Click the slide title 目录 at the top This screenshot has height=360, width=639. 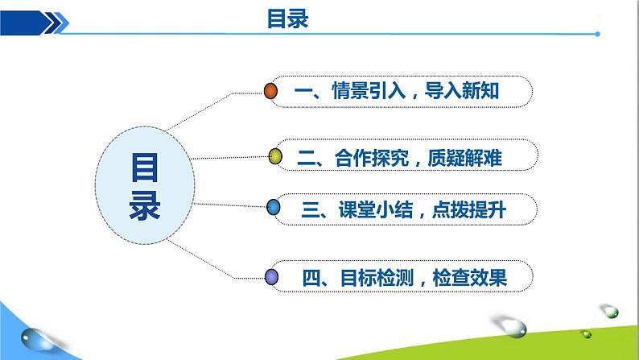(287, 18)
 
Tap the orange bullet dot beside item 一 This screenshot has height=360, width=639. (272, 91)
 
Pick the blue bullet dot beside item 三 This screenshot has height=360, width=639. (273, 209)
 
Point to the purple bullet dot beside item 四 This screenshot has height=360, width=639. (272, 278)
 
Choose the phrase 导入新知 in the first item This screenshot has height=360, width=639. (468, 92)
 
